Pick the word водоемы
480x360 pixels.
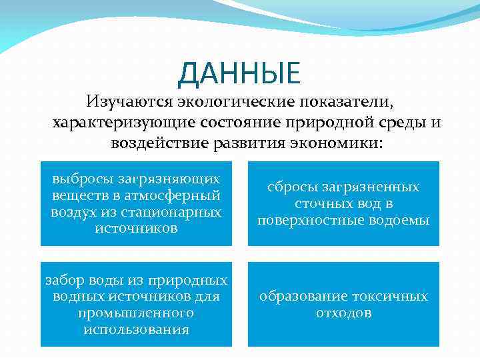(405, 221)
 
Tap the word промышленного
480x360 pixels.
(136, 313)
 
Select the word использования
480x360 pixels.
(136, 329)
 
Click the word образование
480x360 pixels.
(299, 297)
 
